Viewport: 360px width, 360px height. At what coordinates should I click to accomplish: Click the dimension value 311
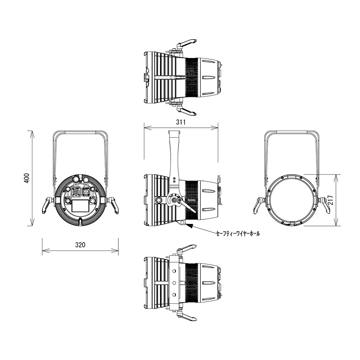181,122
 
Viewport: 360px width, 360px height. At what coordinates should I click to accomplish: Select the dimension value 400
27,178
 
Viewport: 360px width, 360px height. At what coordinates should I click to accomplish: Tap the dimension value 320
80,245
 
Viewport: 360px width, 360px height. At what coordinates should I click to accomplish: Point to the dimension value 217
330,200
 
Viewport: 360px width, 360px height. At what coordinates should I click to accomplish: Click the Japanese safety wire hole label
238,234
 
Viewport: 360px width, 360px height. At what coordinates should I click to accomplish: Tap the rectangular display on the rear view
80,206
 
